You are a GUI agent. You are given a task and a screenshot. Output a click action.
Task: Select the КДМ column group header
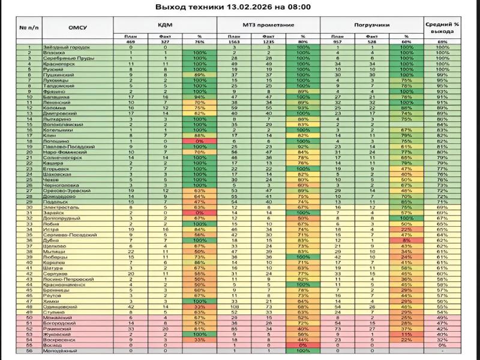point(165,26)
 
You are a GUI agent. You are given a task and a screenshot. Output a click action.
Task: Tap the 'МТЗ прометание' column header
point(268,26)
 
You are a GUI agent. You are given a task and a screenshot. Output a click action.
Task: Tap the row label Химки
point(52,300)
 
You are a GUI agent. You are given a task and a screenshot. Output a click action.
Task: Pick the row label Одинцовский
point(60,305)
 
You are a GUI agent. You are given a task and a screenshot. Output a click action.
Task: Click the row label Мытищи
point(54,250)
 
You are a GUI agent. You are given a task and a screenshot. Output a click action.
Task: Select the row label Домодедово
point(59,196)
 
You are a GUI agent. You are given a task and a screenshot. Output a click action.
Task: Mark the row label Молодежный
point(59,350)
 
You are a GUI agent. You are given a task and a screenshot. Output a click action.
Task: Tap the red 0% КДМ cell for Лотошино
point(197,140)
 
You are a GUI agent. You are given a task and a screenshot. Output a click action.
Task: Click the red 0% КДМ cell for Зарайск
point(197,212)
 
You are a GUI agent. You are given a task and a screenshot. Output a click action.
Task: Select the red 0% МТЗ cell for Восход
point(302,344)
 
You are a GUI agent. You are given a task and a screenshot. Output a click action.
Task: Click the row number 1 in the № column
point(29,47)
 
